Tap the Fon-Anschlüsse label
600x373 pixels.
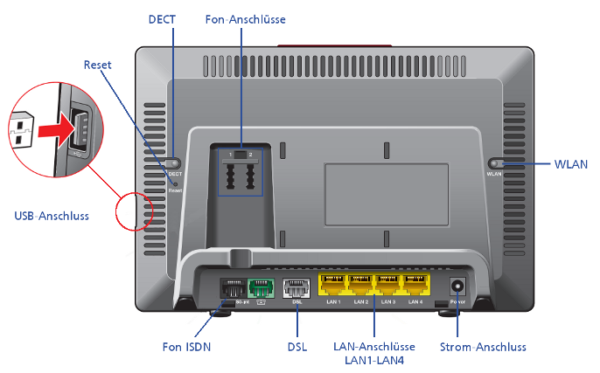coord(245,18)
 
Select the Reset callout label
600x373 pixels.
coord(98,65)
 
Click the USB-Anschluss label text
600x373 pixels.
coord(52,215)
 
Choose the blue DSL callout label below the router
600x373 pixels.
coord(297,347)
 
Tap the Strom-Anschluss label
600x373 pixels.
coord(484,347)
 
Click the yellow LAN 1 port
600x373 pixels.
coord(332,284)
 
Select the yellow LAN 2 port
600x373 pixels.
coord(360,284)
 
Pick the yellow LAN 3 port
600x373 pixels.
coord(388,284)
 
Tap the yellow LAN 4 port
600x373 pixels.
coord(415,284)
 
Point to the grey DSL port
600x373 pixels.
coord(297,287)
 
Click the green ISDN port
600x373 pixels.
coord(261,287)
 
